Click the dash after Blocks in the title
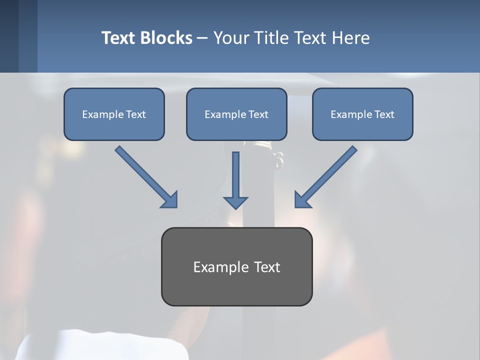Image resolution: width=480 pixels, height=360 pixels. coord(202,38)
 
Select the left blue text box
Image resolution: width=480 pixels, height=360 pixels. coord(114,114)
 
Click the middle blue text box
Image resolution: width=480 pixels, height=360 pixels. coord(236,114)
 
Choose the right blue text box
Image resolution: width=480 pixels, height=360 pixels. coord(362,114)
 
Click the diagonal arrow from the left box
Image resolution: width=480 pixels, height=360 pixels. coord(145,175)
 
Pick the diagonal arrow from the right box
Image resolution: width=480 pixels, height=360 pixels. coord(327,175)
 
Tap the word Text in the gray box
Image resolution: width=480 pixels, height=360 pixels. coord(267,267)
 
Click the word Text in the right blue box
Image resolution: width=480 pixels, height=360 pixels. coord(384,114)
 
